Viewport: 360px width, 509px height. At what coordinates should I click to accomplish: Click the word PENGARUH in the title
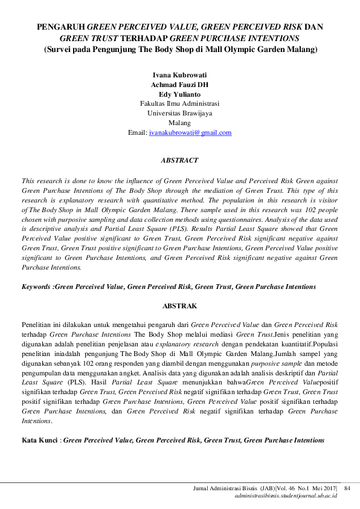tap(61, 27)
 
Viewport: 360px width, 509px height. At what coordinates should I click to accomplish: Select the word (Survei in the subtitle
tap(57, 49)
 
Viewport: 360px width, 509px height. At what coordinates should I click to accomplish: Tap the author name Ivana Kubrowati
tap(179, 75)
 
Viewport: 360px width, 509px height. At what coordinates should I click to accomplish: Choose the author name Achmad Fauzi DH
tap(179, 85)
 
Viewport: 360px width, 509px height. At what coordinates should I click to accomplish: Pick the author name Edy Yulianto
tap(179, 94)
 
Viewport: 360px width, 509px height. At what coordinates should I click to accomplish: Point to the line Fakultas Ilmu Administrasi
tap(179, 103)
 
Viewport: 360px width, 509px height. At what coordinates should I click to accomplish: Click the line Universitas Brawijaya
tap(179, 113)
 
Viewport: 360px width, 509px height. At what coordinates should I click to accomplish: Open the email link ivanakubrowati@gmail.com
tap(190, 132)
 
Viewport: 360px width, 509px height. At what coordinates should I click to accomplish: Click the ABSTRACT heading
tap(179, 161)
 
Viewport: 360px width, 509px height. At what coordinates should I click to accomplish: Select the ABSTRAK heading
tap(179, 306)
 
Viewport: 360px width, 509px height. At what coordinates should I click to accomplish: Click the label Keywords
tap(37, 287)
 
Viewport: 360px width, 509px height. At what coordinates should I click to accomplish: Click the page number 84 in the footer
tap(347, 488)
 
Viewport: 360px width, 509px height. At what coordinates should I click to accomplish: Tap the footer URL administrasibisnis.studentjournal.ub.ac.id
tap(286, 495)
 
